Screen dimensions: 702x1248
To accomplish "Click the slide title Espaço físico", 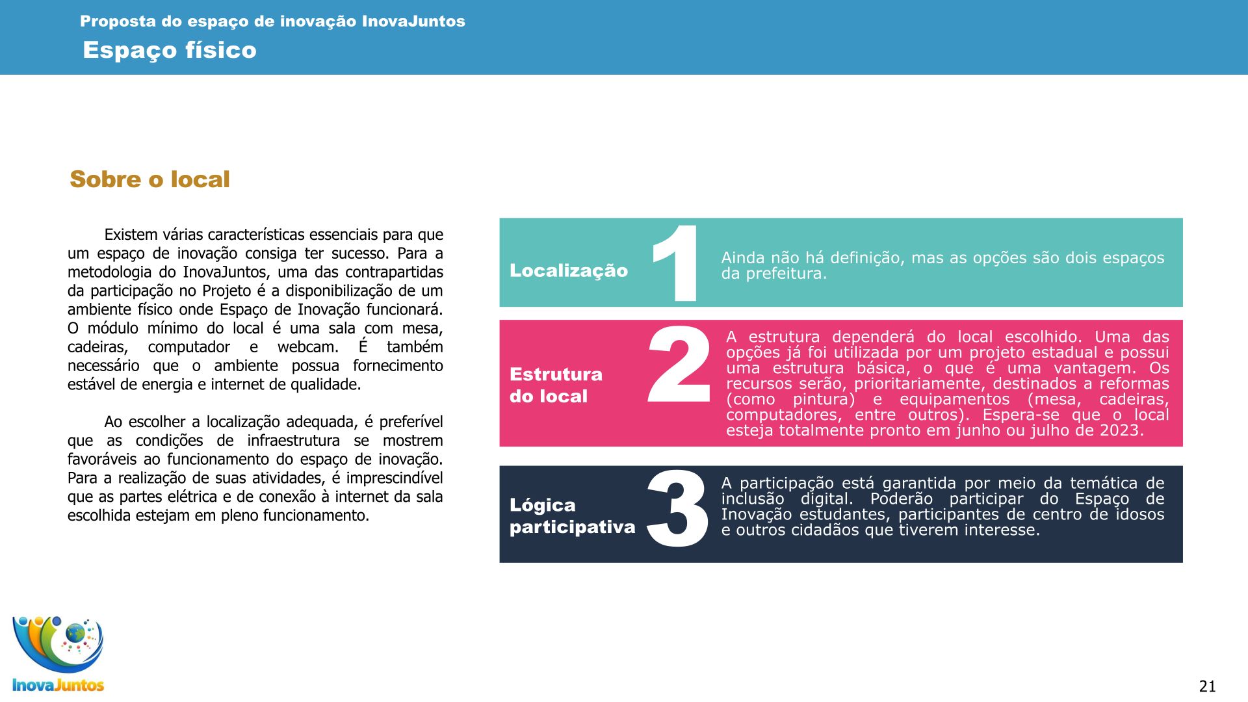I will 170,50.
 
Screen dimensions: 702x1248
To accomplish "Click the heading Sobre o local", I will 149,179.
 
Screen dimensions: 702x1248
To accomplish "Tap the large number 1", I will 676,263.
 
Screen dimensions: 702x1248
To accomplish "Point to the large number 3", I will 677,508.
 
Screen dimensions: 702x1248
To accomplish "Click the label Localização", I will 569,270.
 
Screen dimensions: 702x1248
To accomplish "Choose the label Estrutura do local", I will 556,385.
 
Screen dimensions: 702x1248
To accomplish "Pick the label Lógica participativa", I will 572,515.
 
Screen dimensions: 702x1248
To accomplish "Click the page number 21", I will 1207,686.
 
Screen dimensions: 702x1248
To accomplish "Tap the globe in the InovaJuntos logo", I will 75,632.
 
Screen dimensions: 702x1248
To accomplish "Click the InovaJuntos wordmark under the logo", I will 58,685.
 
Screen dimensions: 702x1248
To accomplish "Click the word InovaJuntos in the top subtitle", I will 413,21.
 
